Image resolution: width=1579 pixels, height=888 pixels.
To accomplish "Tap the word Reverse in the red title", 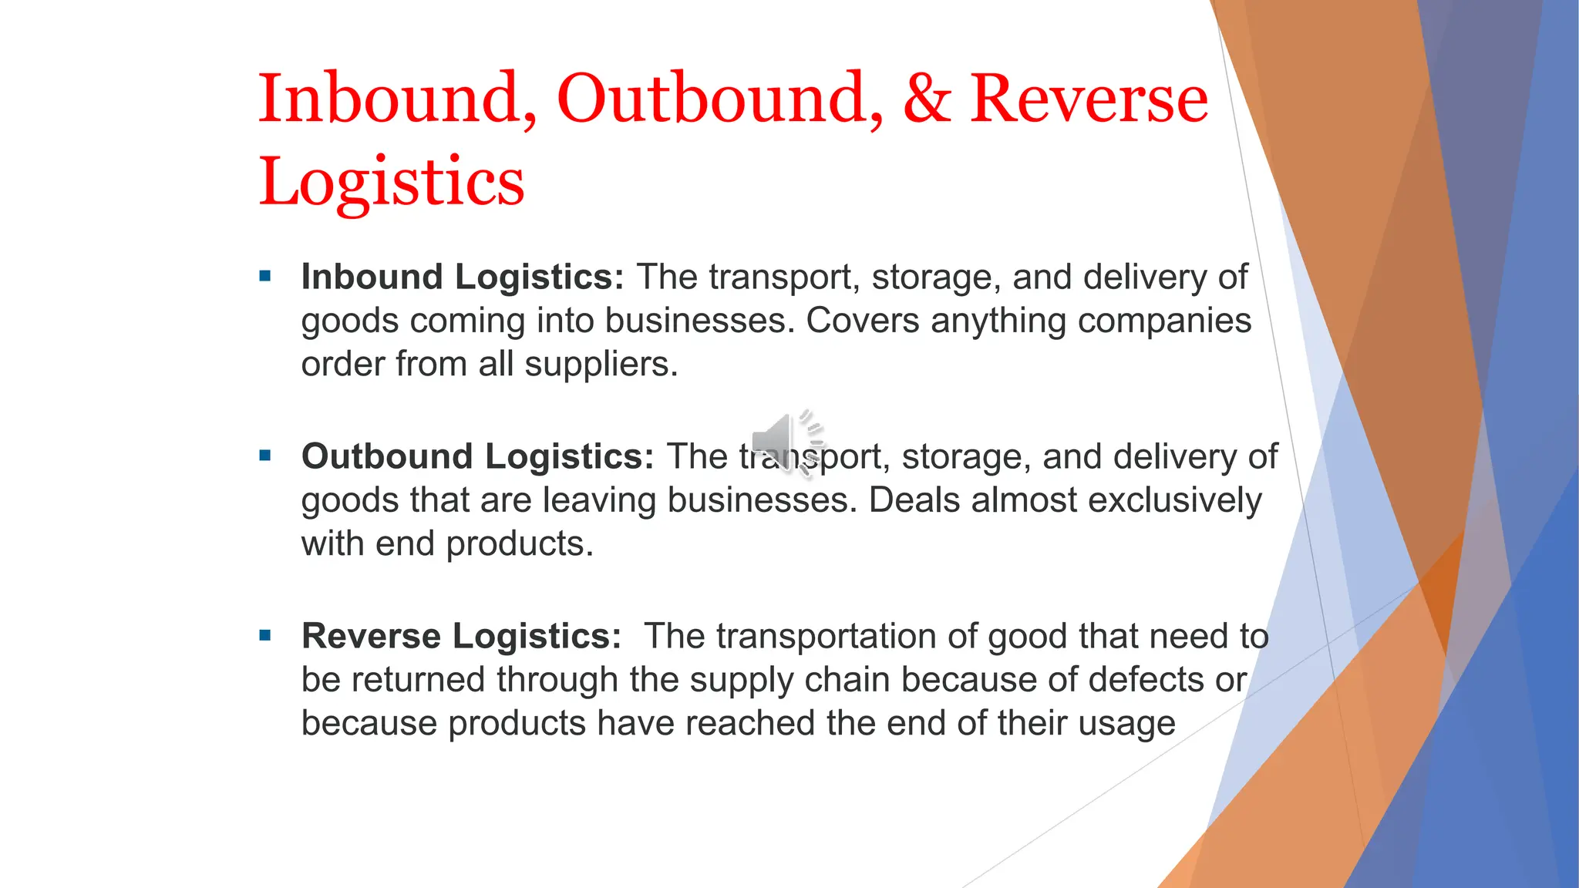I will pos(1089,99).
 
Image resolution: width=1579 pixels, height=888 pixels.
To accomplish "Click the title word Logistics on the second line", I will pos(391,182).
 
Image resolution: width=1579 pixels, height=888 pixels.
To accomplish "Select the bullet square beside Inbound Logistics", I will pos(265,276).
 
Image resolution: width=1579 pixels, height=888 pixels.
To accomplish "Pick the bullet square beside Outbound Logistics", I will pos(265,456).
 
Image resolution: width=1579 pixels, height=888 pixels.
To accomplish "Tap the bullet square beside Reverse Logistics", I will pos(265,635).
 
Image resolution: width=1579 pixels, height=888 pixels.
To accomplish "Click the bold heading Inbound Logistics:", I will pos(462,277).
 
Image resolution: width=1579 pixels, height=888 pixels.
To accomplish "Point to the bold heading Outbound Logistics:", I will pos(477,456).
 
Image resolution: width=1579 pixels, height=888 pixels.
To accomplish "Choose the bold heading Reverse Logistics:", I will pos(461,636).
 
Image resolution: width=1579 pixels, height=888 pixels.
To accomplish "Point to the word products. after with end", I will pos(520,543).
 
